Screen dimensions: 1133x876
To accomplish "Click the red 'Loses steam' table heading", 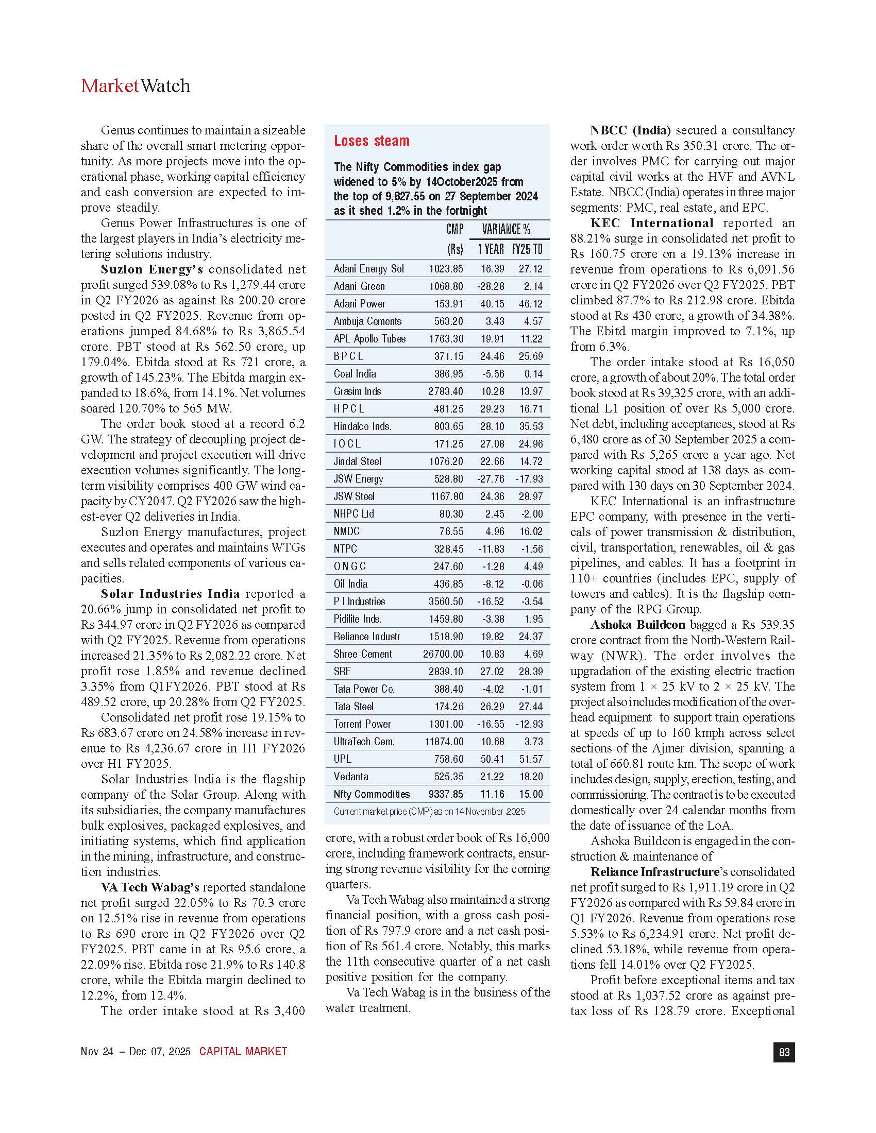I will pyautogui.click(x=372, y=141).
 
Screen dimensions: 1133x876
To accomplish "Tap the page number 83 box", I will pyautogui.click(x=784, y=1052).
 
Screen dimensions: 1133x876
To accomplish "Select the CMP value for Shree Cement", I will pyautogui.click(x=443, y=654).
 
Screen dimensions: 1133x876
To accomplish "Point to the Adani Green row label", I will pyautogui.click(x=359, y=286).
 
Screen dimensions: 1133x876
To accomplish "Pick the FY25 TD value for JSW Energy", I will pyautogui.click(x=529, y=479).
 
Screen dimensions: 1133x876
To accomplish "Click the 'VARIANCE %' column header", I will pyautogui.click(x=506, y=229).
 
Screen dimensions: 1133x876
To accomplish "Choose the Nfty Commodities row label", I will pyautogui.click(x=372, y=794).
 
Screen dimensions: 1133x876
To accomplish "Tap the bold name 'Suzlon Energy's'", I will pyautogui.click(x=151, y=269).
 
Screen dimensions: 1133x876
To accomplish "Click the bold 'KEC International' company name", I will pyautogui.click(x=652, y=223).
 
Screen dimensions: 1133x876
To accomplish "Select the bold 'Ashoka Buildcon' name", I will pyautogui.click(x=638, y=625).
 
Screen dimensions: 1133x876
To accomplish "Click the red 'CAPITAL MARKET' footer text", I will pyautogui.click(x=243, y=1052).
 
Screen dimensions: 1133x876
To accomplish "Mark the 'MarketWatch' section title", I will pyautogui.click(x=136, y=86).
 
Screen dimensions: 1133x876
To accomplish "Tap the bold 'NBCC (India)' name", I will pyautogui.click(x=631, y=130).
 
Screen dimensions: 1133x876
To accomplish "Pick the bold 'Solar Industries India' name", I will pyautogui.click(x=170, y=593).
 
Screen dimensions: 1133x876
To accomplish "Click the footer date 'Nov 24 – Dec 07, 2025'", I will pyautogui.click(x=136, y=1052).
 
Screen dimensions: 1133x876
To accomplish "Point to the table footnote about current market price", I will pyautogui.click(x=429, y=811).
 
